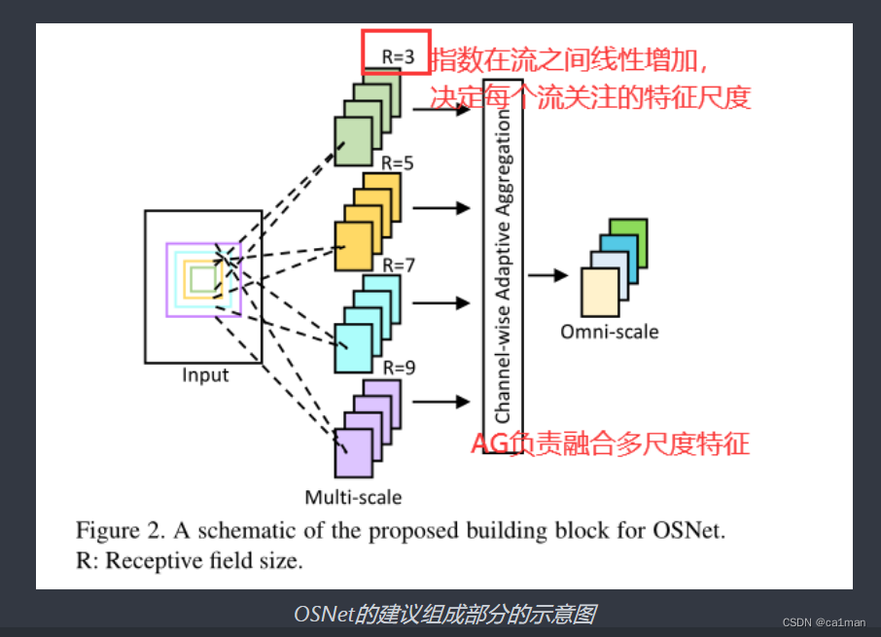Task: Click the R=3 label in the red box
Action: pyautogui.click(x=398, y=57)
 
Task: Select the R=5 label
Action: pyautogui.click(x=398, y=163)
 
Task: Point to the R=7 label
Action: pyautogui.click(x=398, y=265)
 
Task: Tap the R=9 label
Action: pyautogui.click(x=399, y=368)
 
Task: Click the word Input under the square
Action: pyautogui.click(x=205, y=374)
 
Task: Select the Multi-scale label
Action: pyautogui.click(x=353, y=497)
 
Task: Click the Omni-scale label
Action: pyautogui.click(x=609, y=332)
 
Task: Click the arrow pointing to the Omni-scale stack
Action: pyautogui.click(x=547, y=275)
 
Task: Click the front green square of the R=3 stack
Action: pyautogui.click(x=353, y=140)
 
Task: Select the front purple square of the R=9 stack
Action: pyautogui.click(x=353, y=452)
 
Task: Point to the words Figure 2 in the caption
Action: pyautogui.click(x=114, y=531)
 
